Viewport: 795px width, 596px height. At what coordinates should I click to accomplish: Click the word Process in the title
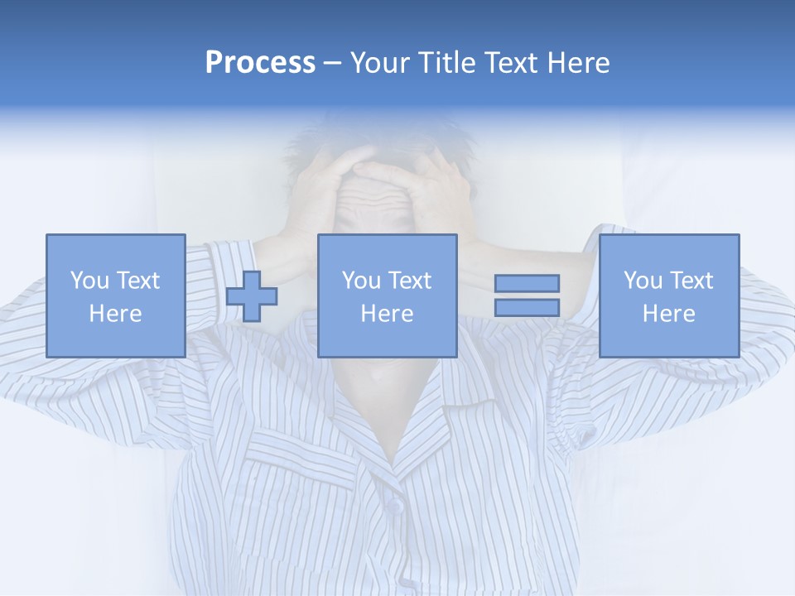click(260, 63)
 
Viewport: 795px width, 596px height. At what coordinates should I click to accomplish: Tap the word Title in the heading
click(446, 63)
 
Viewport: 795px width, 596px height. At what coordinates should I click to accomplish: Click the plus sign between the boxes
click(252, 296)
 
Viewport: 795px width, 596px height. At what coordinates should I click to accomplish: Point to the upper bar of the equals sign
click(527, 284)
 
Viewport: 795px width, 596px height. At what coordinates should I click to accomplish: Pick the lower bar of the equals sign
click(527, 307)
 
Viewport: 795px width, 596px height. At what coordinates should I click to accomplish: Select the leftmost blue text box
click(115, 296)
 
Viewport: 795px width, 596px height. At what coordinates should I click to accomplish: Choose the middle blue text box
click(387, 296)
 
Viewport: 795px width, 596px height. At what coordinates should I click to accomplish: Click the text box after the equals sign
click(668, 296)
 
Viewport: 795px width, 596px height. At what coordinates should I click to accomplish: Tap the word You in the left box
click(90, 281)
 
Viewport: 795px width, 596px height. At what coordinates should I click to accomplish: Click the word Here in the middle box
click(387, 314)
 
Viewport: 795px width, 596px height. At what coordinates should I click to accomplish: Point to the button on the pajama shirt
click(396, 504)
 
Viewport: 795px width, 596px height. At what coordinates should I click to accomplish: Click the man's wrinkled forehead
click(378, 195)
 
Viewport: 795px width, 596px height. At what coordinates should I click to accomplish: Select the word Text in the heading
click(508, 63)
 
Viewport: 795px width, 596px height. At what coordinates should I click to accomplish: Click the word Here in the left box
click(115, 314)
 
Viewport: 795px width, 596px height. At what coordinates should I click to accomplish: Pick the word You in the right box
click(643, 281)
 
